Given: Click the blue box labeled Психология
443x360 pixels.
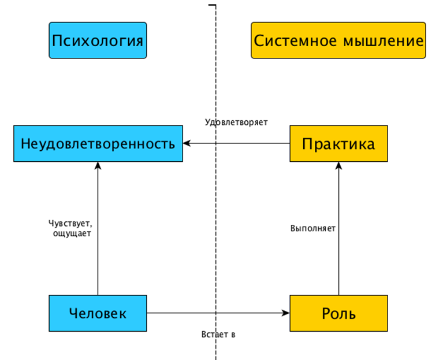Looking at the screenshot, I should pos(98,40).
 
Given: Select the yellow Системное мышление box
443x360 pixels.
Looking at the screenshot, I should pos(338,40).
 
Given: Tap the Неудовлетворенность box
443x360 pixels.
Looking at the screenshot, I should pos(98,143).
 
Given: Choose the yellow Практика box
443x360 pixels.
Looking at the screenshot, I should pos(338,143).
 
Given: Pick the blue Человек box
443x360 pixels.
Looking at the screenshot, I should pos(98,313).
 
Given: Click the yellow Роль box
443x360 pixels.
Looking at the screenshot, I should pos(338,313).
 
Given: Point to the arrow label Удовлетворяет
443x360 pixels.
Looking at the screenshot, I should pos(236,123).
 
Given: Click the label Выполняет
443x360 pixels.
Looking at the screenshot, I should pos(312,228).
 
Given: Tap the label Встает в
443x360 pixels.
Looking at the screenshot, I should pos(218,335).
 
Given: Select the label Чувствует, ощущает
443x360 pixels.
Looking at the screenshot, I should pos(70,228).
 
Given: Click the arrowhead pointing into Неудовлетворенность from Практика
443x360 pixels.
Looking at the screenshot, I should pos(187,143).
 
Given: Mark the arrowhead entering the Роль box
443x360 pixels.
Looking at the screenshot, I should pos(286,313).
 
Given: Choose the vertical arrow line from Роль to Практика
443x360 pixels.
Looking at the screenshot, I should pos(338,260).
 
